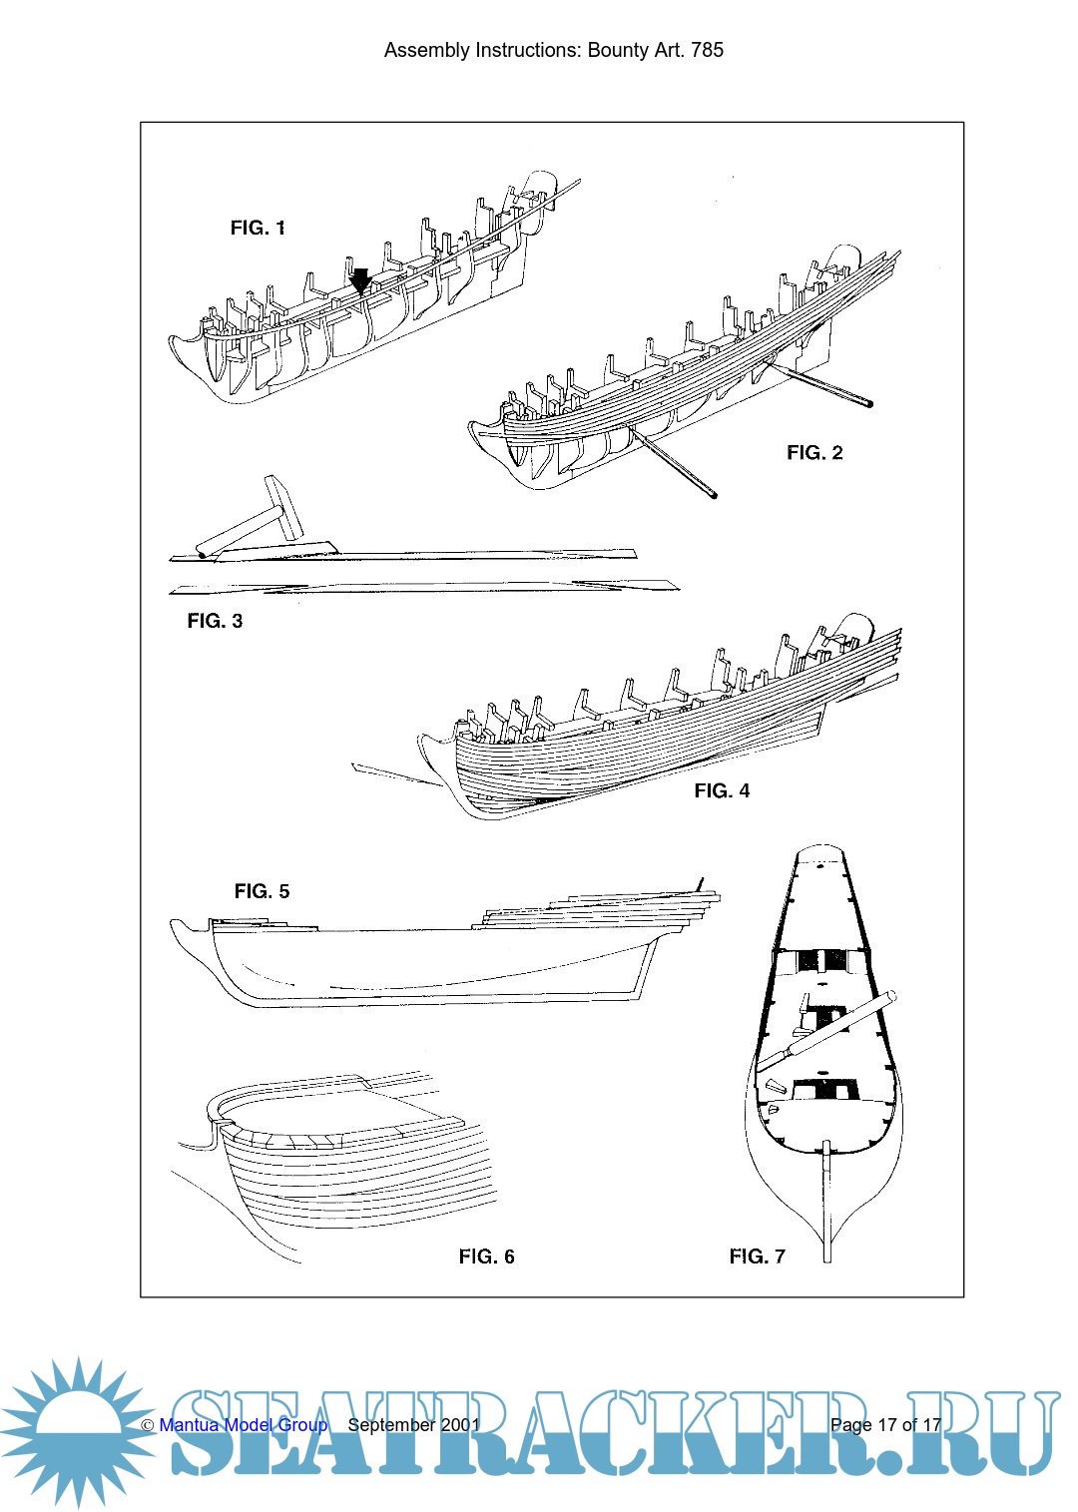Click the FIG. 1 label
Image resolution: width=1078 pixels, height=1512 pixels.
click(x=258, y=229)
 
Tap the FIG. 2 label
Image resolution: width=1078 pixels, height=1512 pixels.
click(x=814, y=453)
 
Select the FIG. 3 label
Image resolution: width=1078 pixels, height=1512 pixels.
click(x=215, y=621)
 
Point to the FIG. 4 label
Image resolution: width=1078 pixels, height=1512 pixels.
click(x=722, y=791)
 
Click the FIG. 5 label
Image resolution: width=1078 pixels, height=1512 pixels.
click(x=262, y=891)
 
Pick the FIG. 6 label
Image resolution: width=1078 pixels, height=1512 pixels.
click(x=486, y=1257)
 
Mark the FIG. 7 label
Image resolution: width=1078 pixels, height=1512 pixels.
click(x=757, y=1257)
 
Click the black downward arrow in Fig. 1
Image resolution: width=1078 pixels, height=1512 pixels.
click(x=360, y=280)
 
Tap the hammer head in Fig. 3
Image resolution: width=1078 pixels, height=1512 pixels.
click(x=281, y=507)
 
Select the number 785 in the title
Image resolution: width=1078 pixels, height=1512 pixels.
click(x=707, y=50)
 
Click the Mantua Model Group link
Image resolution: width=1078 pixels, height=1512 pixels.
click(x=243, y=1425)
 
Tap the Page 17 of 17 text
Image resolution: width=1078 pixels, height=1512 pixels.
click(x=885, y=1425)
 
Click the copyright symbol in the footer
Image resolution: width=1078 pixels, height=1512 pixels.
click(x=148, y=1426)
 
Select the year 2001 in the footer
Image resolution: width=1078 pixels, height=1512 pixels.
click(x=460, y=1425)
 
